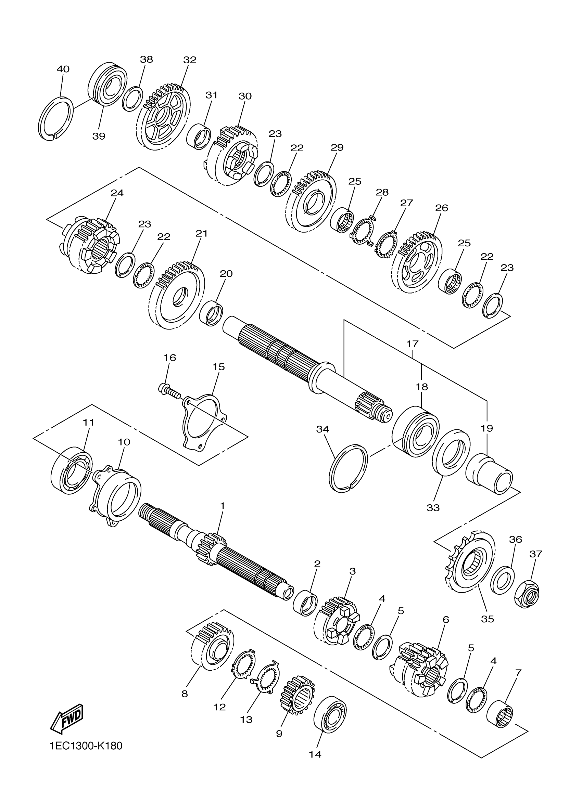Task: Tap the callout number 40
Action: [x=63, y=69]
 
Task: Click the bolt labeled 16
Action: [x=169, y=391]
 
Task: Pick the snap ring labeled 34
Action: [x=348, y=468]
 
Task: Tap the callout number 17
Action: [x=412, y=344]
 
